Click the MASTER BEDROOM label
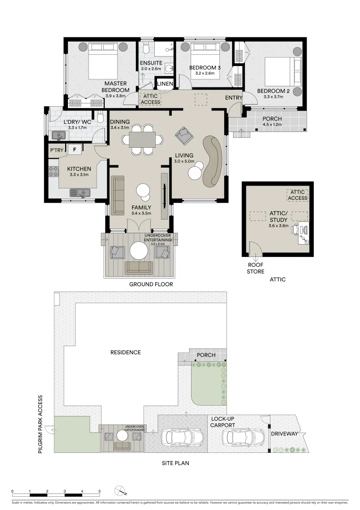point(117,87)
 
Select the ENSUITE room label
point(151,63)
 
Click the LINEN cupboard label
point(165,84)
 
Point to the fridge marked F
point(74,150)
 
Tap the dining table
point(142,139)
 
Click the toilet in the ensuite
point(147,49)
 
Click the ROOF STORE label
point(256,269)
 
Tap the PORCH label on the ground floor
point(272,119)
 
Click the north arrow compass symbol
point(120,491)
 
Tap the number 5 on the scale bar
point(100,491)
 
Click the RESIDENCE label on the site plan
point(126,352)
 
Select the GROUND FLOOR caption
point(151,285)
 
